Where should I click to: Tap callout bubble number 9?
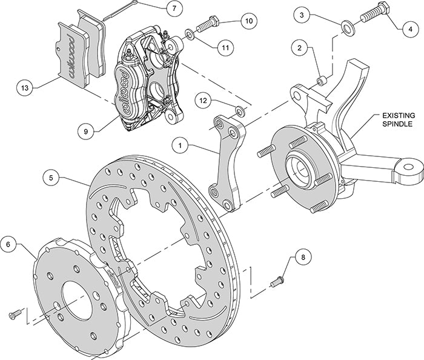pos(86,129)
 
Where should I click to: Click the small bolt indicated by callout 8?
pos(278,279)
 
